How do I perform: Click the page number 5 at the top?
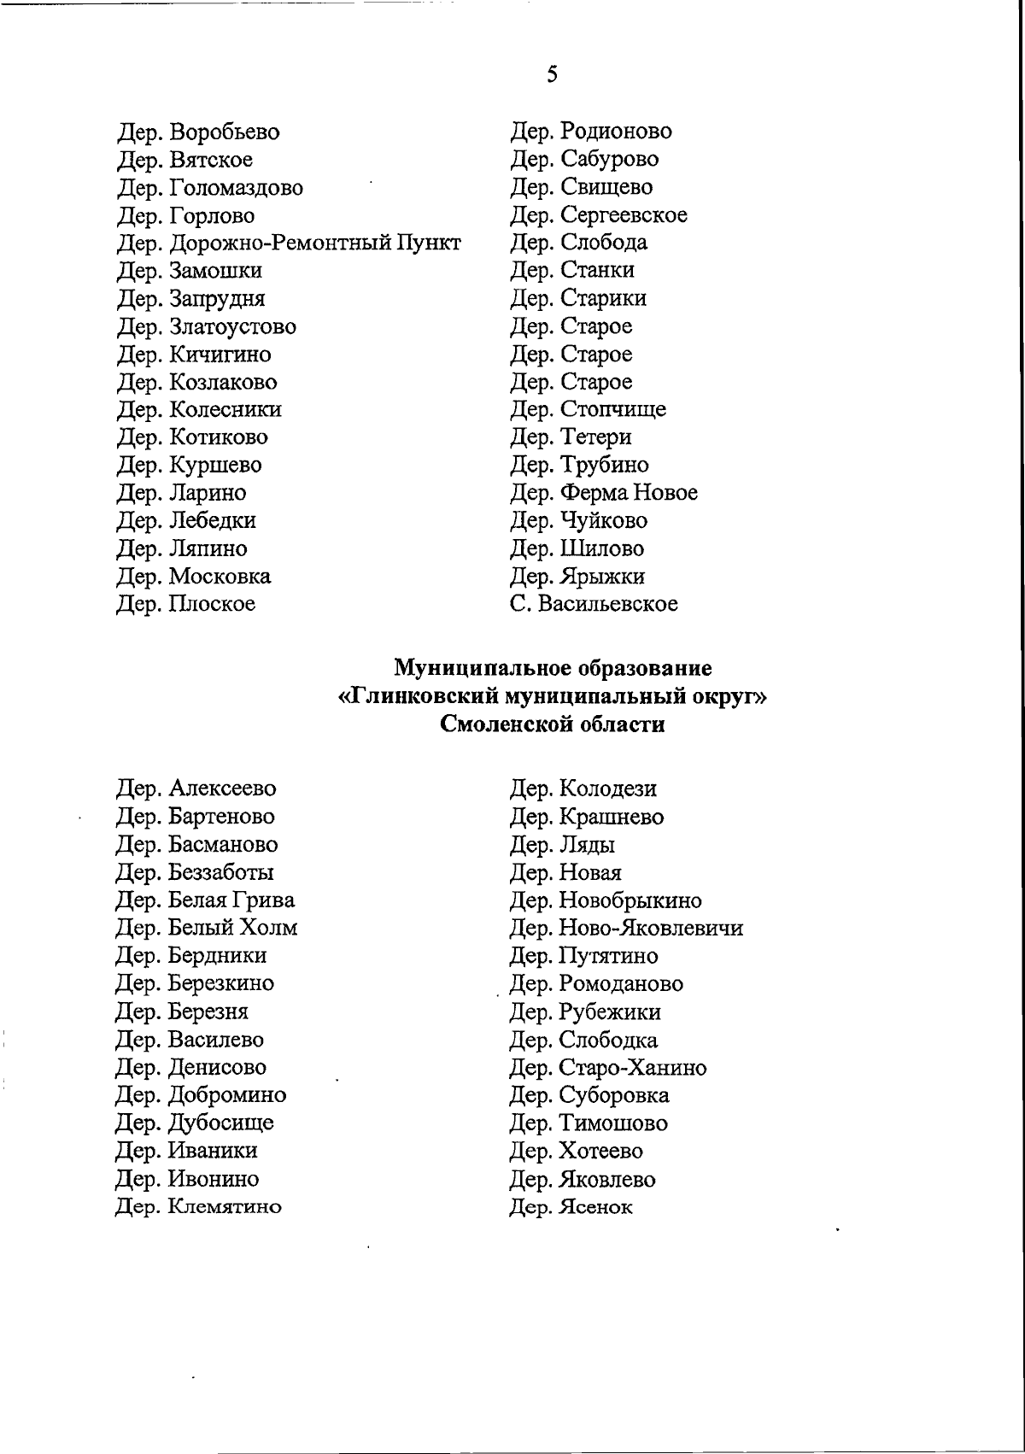pyautogui.click(x=553, y=74)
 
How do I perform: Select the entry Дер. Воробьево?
pyautogui.click(x=198, y=132)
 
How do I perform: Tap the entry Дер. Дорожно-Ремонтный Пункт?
pyautogui.click(x=289, y=243)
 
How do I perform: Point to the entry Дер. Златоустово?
pyautogui.click(x=207, y=327)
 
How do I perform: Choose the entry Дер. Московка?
pyautogui.click(x=194, y=577)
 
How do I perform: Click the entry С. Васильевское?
pyautogui.click(x=594, y=604)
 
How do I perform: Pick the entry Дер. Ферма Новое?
pyautogui.click(x=604, y=493)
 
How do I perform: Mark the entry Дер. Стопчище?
pyautogui.click(x=588, y=410)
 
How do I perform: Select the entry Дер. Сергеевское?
pyautogui.click(x=598, y=215)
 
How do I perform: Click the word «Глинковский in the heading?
pyautogui.click(x=419, y=697)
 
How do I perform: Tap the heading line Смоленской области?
pyautogui.click(x=553, y=725)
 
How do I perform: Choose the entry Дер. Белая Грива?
pyautogui.click(x=206, y=900)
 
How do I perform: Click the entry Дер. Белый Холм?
pyautogui.click(x=207, y=928)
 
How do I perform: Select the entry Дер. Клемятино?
pyautogui.click(x=199, y=1207)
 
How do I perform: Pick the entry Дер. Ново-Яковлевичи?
pyautogui.click(x=626, y=928)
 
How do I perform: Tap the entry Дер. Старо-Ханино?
pyautogui.click(x=608, y=1068)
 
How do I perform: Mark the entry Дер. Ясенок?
pyautogui.click(x=571, y=1208)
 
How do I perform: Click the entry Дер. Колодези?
pyautogui.click(x=583, y=789)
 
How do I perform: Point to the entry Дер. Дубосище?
pyautogui.click(x=195, y=1123)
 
